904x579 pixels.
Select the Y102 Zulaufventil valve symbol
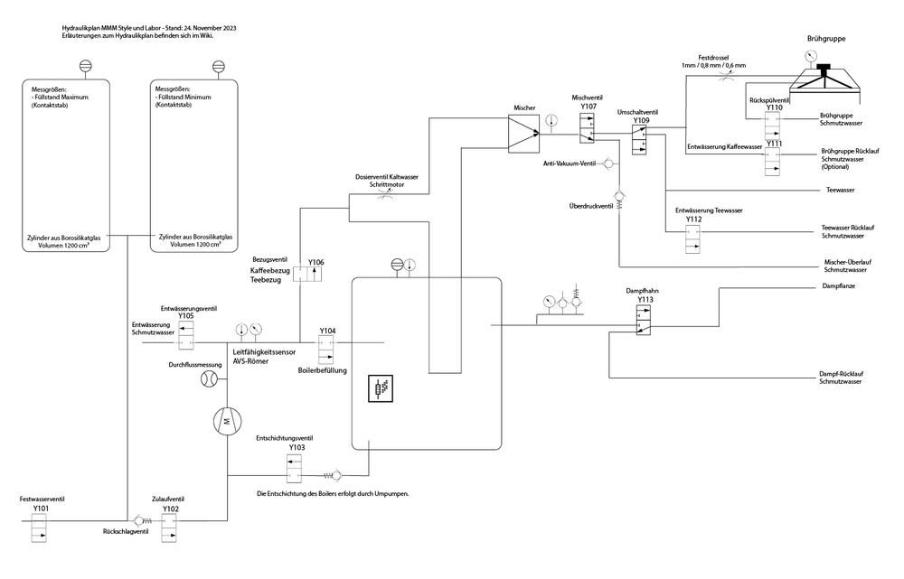(170, 528)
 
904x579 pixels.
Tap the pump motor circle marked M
(228, 420)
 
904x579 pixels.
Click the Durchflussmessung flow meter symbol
(209, 380)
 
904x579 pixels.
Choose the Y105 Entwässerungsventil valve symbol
(186, 336)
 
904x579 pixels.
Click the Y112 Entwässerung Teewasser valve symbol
(693, 238)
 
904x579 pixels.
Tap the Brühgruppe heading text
(831, 39)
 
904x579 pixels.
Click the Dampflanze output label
(838, 286)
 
